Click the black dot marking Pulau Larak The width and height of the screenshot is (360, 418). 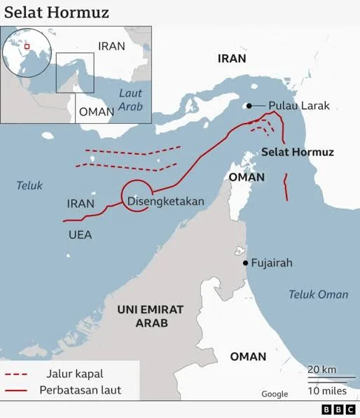click(x=249, y=106)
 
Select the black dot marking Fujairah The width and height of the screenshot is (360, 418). click(x=245, y=263)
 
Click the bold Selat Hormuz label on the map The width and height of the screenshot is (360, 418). click(x=298, y=152)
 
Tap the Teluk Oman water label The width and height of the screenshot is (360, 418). click(x=318, y=295)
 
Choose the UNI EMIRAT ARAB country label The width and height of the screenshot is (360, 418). click(x=150, y=316)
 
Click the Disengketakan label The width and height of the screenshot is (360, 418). click(x=166, y=202)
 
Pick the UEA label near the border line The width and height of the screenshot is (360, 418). click(x=80, y=235)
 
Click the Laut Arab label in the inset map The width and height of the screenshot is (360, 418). click(x=130, y=99)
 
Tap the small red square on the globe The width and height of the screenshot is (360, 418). click(x=27, y=46)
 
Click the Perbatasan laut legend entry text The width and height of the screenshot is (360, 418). click(x=81, y=390)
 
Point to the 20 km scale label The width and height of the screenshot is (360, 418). click(x=322, y=369)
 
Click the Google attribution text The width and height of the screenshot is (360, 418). click(x=275, y=394)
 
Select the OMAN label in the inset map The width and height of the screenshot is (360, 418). click(x=96, y=111)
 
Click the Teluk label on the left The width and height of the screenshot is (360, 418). click(x=30, y=186)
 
